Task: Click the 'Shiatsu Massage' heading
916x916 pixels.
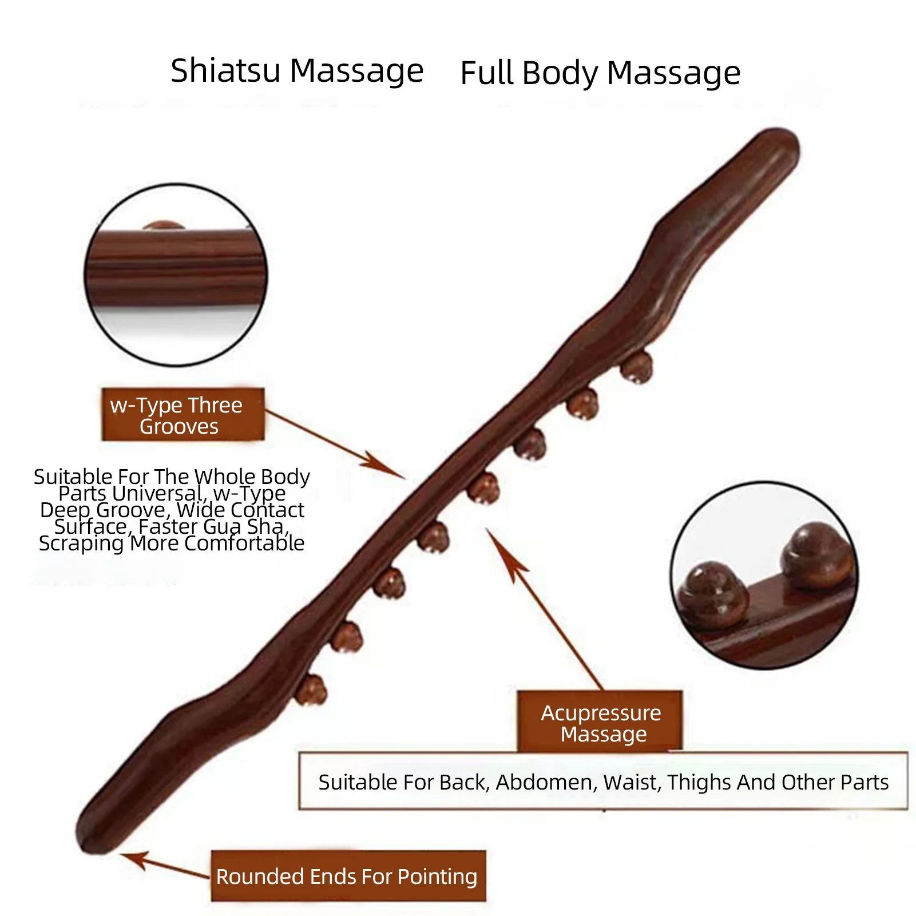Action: pyautogui.click(x=296, y=71)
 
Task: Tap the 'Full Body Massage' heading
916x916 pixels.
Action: pyautogui.click(x=600, y=73)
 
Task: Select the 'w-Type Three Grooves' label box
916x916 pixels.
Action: pyautogui.click(x=183, y=415)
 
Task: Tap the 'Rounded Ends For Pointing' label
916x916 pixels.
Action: pyautogui.click(x=347, y=876)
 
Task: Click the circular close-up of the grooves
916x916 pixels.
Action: pyautogui.click(x=176, y=275)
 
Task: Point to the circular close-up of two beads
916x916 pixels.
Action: pyautogui.click(x=764, y=575)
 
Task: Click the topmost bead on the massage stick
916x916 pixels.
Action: pyautogui.click(x=637, y=367)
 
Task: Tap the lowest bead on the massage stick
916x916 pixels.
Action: pyautogui.click(x=311, y=689)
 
